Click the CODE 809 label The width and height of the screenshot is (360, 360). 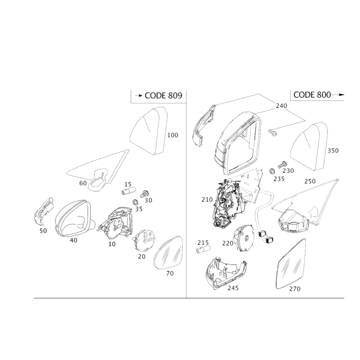coord(163,95)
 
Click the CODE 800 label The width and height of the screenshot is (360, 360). coord(312,94)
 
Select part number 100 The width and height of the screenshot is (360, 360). coord(173,135)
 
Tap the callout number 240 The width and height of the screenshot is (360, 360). coord(282,106)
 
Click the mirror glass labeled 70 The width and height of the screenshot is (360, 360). coord(168,253)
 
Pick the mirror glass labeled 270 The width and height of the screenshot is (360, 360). coord(291,264)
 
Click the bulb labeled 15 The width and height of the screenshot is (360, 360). coord(129,191)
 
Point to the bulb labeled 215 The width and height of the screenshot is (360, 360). coord(203,249)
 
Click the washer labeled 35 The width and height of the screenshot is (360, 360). coord(135,202)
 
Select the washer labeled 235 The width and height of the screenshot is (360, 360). coord(273,171)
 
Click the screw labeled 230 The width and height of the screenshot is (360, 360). coord(283,165)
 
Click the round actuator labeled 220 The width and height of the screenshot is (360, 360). coord(244,238)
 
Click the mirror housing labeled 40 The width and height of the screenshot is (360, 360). coord(73,218)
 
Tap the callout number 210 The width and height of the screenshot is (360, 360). coord(207,200)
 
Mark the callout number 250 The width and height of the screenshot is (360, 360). coord(310,181)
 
